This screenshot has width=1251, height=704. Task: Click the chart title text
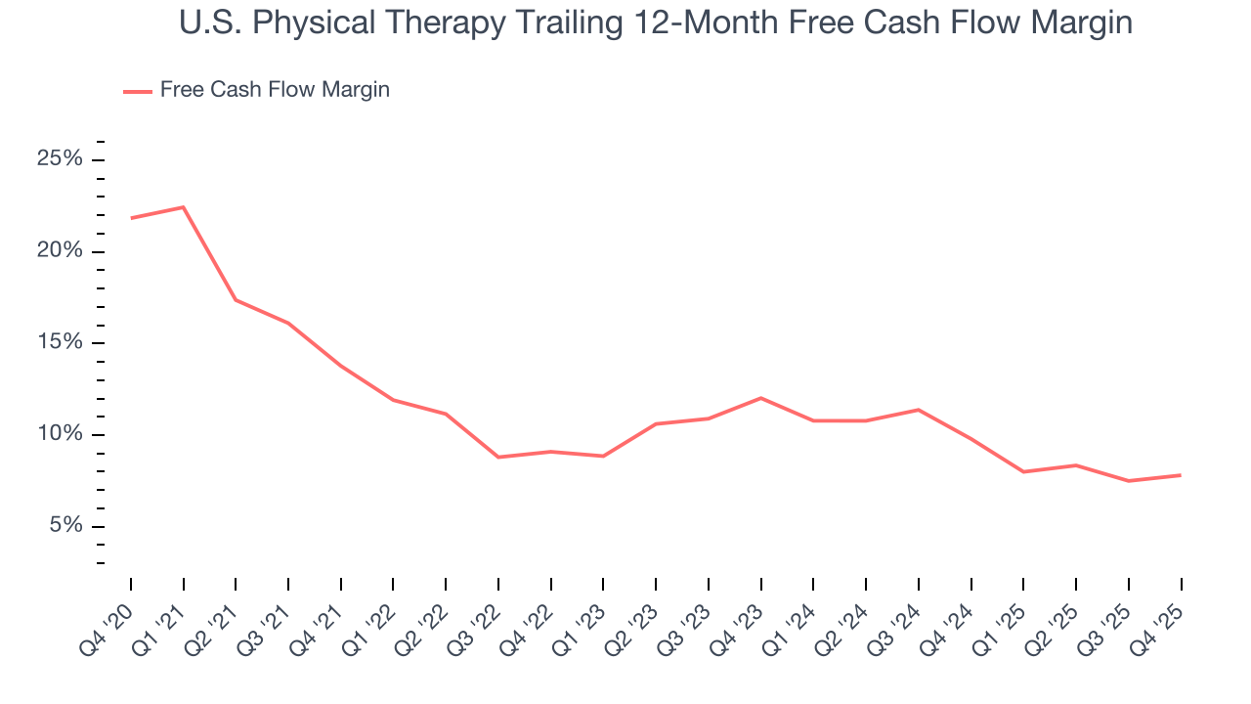[656, 22]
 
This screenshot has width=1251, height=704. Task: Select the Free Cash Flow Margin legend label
[275, 90]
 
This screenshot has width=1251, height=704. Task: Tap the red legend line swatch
[137, 91]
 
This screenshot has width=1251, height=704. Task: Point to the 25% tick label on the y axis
[60, 159]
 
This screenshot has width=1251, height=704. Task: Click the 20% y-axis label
[60, 251]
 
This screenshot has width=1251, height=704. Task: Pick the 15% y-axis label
[60, 343]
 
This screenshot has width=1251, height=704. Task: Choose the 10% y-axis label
[60, 434]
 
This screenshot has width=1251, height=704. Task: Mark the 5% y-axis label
[65, 526]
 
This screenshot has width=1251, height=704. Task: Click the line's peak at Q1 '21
[184, 207]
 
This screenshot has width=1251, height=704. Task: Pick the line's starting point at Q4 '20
[131, 218]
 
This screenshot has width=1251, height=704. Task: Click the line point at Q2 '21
[236, 299]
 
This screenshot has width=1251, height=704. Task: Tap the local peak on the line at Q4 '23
[760, 398]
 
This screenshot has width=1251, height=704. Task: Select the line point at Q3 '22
[498, 457]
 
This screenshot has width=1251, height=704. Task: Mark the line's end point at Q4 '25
[1181, 475]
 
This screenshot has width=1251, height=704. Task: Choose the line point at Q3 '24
[919, 410]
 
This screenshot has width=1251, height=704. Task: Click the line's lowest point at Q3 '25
[1128, 481]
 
